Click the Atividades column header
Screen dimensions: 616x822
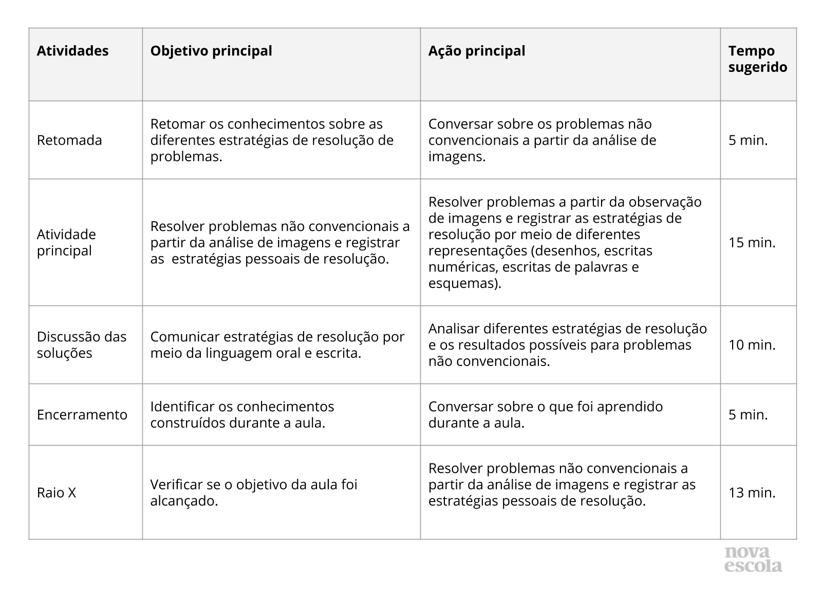click(x=72, y=51)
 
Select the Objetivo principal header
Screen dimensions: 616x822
click(x=211, y=51)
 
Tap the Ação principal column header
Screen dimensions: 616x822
click(x=476, y=51)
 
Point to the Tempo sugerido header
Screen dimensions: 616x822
click(x=757, y=59)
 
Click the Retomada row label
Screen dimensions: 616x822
click(x=69, y=140)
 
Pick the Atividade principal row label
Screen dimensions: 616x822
click(x=66, y=242)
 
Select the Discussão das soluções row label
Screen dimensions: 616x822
click(x=81, y=344)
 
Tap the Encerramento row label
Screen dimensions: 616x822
click(x=82, y=414)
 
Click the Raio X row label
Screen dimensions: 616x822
click(x=57, y=492)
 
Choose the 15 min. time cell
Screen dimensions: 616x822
click(x=752, y=242)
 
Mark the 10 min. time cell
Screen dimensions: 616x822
click(x=752, y=344)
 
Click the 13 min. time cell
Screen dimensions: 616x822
click(x=752, y=492)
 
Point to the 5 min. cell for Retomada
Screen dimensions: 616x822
click(x=748, y=140)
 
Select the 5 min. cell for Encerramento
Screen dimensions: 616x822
click(x=748, y=414)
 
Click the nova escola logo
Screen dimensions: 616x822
click(x=753, y=559)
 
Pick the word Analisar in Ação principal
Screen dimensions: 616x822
click(x=454, y=329)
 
